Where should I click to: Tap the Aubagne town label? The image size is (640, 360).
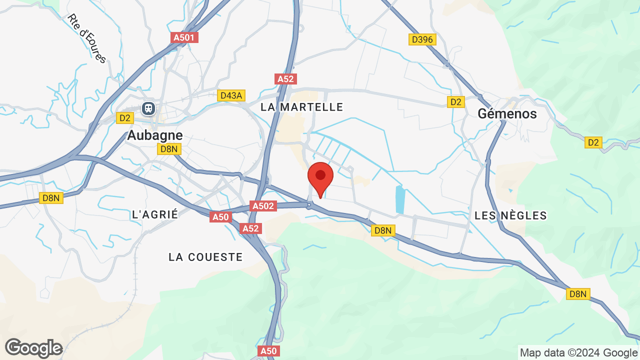[x=155, y=135]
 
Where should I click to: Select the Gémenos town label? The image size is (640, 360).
[x=507, y=113]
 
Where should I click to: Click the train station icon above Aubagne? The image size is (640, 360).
[x=148, y=108]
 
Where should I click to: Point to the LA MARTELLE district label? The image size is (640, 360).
[x=302, y=107]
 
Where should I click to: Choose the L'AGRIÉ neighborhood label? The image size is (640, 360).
[x=155, y=214]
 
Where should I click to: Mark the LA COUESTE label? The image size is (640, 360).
[x=205, y=257]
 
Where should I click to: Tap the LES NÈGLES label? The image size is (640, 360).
[x=510, y=215]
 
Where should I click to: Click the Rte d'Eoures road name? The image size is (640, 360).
[x=87, y=38]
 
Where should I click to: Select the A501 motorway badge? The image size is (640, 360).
[x=184, y=37]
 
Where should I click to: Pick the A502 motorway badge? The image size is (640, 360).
[x=263, y=206]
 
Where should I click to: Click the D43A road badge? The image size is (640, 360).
[x=231, y=95]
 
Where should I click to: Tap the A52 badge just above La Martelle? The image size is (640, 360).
[x=286, y=78]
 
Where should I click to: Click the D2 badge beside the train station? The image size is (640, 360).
[x=124, y=117]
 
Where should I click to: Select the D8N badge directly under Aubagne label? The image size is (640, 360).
[x=169, y=149]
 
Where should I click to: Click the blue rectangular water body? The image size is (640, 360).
[x=400, y=199]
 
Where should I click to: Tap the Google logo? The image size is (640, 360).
[x=33, y=348]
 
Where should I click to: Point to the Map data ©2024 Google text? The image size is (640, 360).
[x=578, y=352]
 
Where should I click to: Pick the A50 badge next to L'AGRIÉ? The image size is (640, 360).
[x=220, y=217]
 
